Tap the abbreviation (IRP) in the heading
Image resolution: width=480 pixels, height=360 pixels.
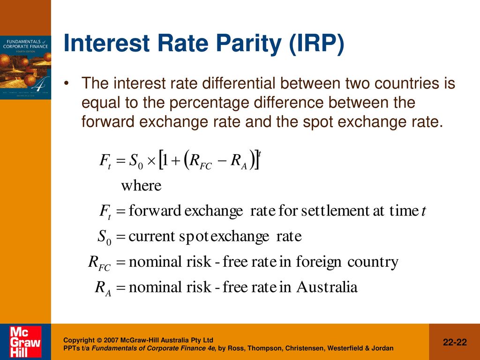316,44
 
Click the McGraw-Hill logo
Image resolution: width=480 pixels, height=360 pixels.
25,341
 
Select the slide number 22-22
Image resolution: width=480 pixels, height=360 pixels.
455,342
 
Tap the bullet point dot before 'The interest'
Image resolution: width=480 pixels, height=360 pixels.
67,83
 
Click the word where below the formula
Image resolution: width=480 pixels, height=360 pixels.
141,186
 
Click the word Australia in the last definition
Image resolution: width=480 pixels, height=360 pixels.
327,287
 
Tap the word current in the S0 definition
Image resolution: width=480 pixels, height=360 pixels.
151,237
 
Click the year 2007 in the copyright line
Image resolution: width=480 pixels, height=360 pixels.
111,340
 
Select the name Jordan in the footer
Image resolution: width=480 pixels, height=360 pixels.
383,348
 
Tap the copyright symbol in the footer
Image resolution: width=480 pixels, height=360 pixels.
99,340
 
